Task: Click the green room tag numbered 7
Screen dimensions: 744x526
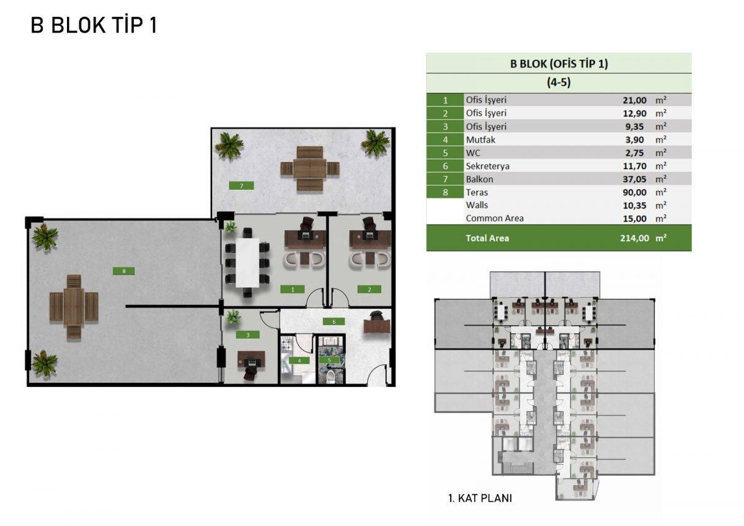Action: [x=241, y=185]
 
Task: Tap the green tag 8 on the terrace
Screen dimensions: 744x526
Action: [x=124, y=271]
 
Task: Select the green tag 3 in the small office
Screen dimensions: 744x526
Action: [x=248, y=335]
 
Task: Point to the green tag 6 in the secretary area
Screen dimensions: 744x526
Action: [x=334, y=322]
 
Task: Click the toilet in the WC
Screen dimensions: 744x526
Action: [x=330, y=377]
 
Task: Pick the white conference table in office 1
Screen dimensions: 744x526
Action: [x=247, y=263]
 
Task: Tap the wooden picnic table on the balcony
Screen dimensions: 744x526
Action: [x=310, y=169]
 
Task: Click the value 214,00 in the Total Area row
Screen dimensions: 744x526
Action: [x=634, y=238]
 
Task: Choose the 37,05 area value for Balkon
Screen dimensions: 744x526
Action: [x=634, y=179]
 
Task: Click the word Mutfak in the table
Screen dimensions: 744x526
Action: [x=480, y=140]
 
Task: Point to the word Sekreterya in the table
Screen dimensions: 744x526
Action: [x=487, y=166]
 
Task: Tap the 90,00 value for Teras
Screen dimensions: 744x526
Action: [x=634, y=192]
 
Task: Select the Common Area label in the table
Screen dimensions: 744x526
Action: [x=495, y=218]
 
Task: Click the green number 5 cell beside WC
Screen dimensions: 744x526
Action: [x=445, y=153]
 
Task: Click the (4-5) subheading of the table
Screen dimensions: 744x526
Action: [x=559, y=82]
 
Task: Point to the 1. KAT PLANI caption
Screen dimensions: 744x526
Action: [x=480, y=498]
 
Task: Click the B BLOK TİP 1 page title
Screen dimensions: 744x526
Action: [x=94, y=25]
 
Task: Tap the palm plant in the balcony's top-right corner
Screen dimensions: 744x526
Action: [x=375, y=143]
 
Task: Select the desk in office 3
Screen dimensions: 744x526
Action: [x=252, y=360]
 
